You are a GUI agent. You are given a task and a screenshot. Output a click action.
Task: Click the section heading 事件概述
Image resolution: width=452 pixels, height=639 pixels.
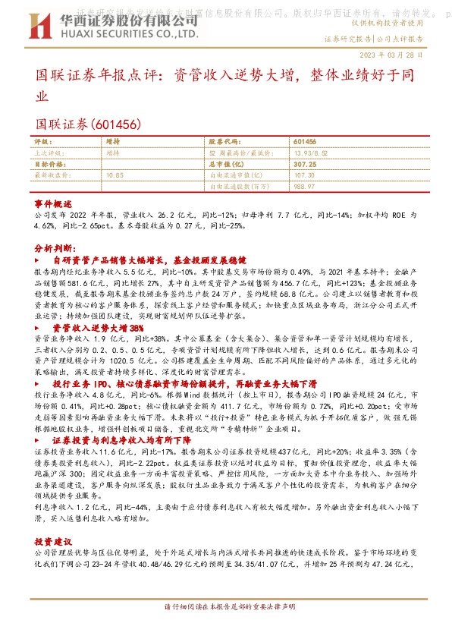(x=53, y=205)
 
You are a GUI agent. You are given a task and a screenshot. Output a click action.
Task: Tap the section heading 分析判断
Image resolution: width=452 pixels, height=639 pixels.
(x=55, y=248)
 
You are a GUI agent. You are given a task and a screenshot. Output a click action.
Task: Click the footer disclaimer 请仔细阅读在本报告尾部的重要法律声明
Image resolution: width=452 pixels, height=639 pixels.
(x=226, y=629)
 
